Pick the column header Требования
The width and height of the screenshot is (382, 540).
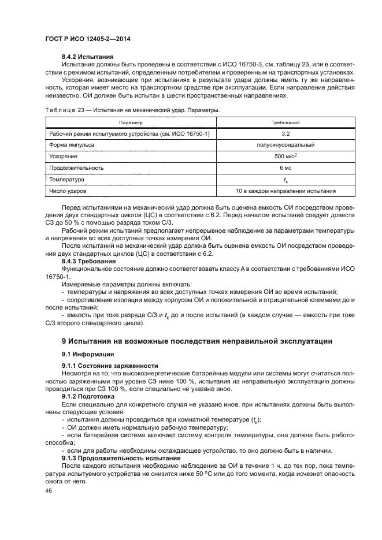pyautogui.click(x=285, y=123)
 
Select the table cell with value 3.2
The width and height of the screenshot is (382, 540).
pyautogui.click(x=285, y=133)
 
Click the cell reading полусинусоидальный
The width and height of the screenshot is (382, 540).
pyautogui.click(x=285, y=145)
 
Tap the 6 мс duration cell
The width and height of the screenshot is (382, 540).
pyautogui.click(x=285, y=168)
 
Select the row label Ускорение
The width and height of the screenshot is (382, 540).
pyautogui.click(x=60, y=157)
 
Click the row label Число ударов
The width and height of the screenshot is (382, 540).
pyautogui.click(x=66, y=191)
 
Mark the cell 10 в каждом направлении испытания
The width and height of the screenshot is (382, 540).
pyautogui.click(x=285, y=191)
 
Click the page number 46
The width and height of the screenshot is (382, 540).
pyautogui.click(x=49, y=490)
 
